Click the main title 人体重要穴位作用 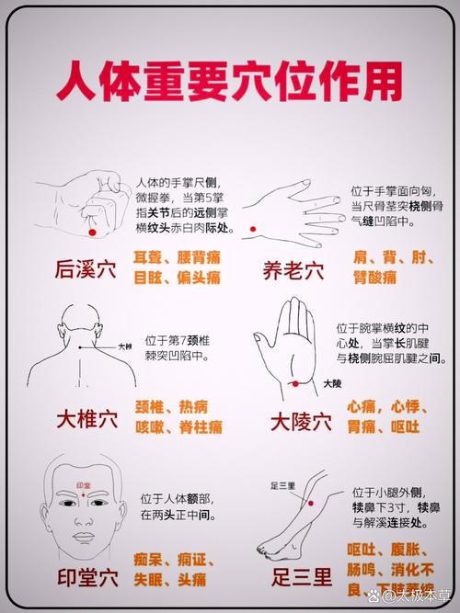click(230, 82)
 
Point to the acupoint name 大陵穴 click(300, 421)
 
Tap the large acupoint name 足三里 click(300, 577)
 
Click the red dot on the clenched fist click(92, 233)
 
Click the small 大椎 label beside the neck click(124, 346)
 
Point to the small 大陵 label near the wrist click(330, 382)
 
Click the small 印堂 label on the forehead click(84, 484)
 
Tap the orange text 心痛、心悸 click(383, 405)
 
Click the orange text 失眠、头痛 click(176, 580)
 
